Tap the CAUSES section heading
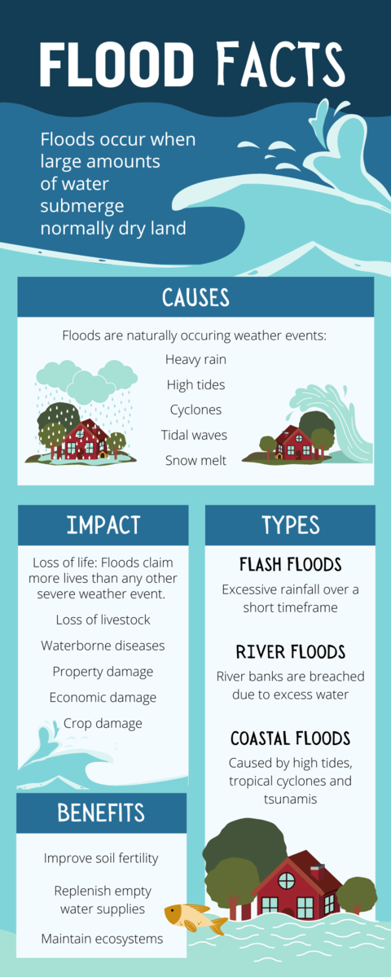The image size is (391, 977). [195, 297]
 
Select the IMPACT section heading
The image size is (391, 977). [103, 524]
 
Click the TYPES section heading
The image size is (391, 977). [291, 524]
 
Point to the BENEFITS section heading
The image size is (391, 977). [101, 813]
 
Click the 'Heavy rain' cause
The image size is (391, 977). [195, 359]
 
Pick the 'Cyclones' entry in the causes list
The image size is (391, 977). [195, 410]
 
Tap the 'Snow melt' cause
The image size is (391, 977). [195, 460]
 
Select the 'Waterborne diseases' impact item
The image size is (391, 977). [103, 646]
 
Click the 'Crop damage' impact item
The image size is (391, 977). [103, 723]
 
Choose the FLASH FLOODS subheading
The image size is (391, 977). [290, 564]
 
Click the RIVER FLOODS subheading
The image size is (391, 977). [291, 652]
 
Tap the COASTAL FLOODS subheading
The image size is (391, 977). [290, 738]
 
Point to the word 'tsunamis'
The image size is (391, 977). [290, 799]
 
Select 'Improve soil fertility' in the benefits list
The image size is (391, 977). [101, 858]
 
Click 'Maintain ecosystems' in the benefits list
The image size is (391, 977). [102, 939]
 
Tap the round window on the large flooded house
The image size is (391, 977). [286, 881]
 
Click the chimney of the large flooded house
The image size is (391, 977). [317, 872]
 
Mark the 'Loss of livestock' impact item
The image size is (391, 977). [103, 620]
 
